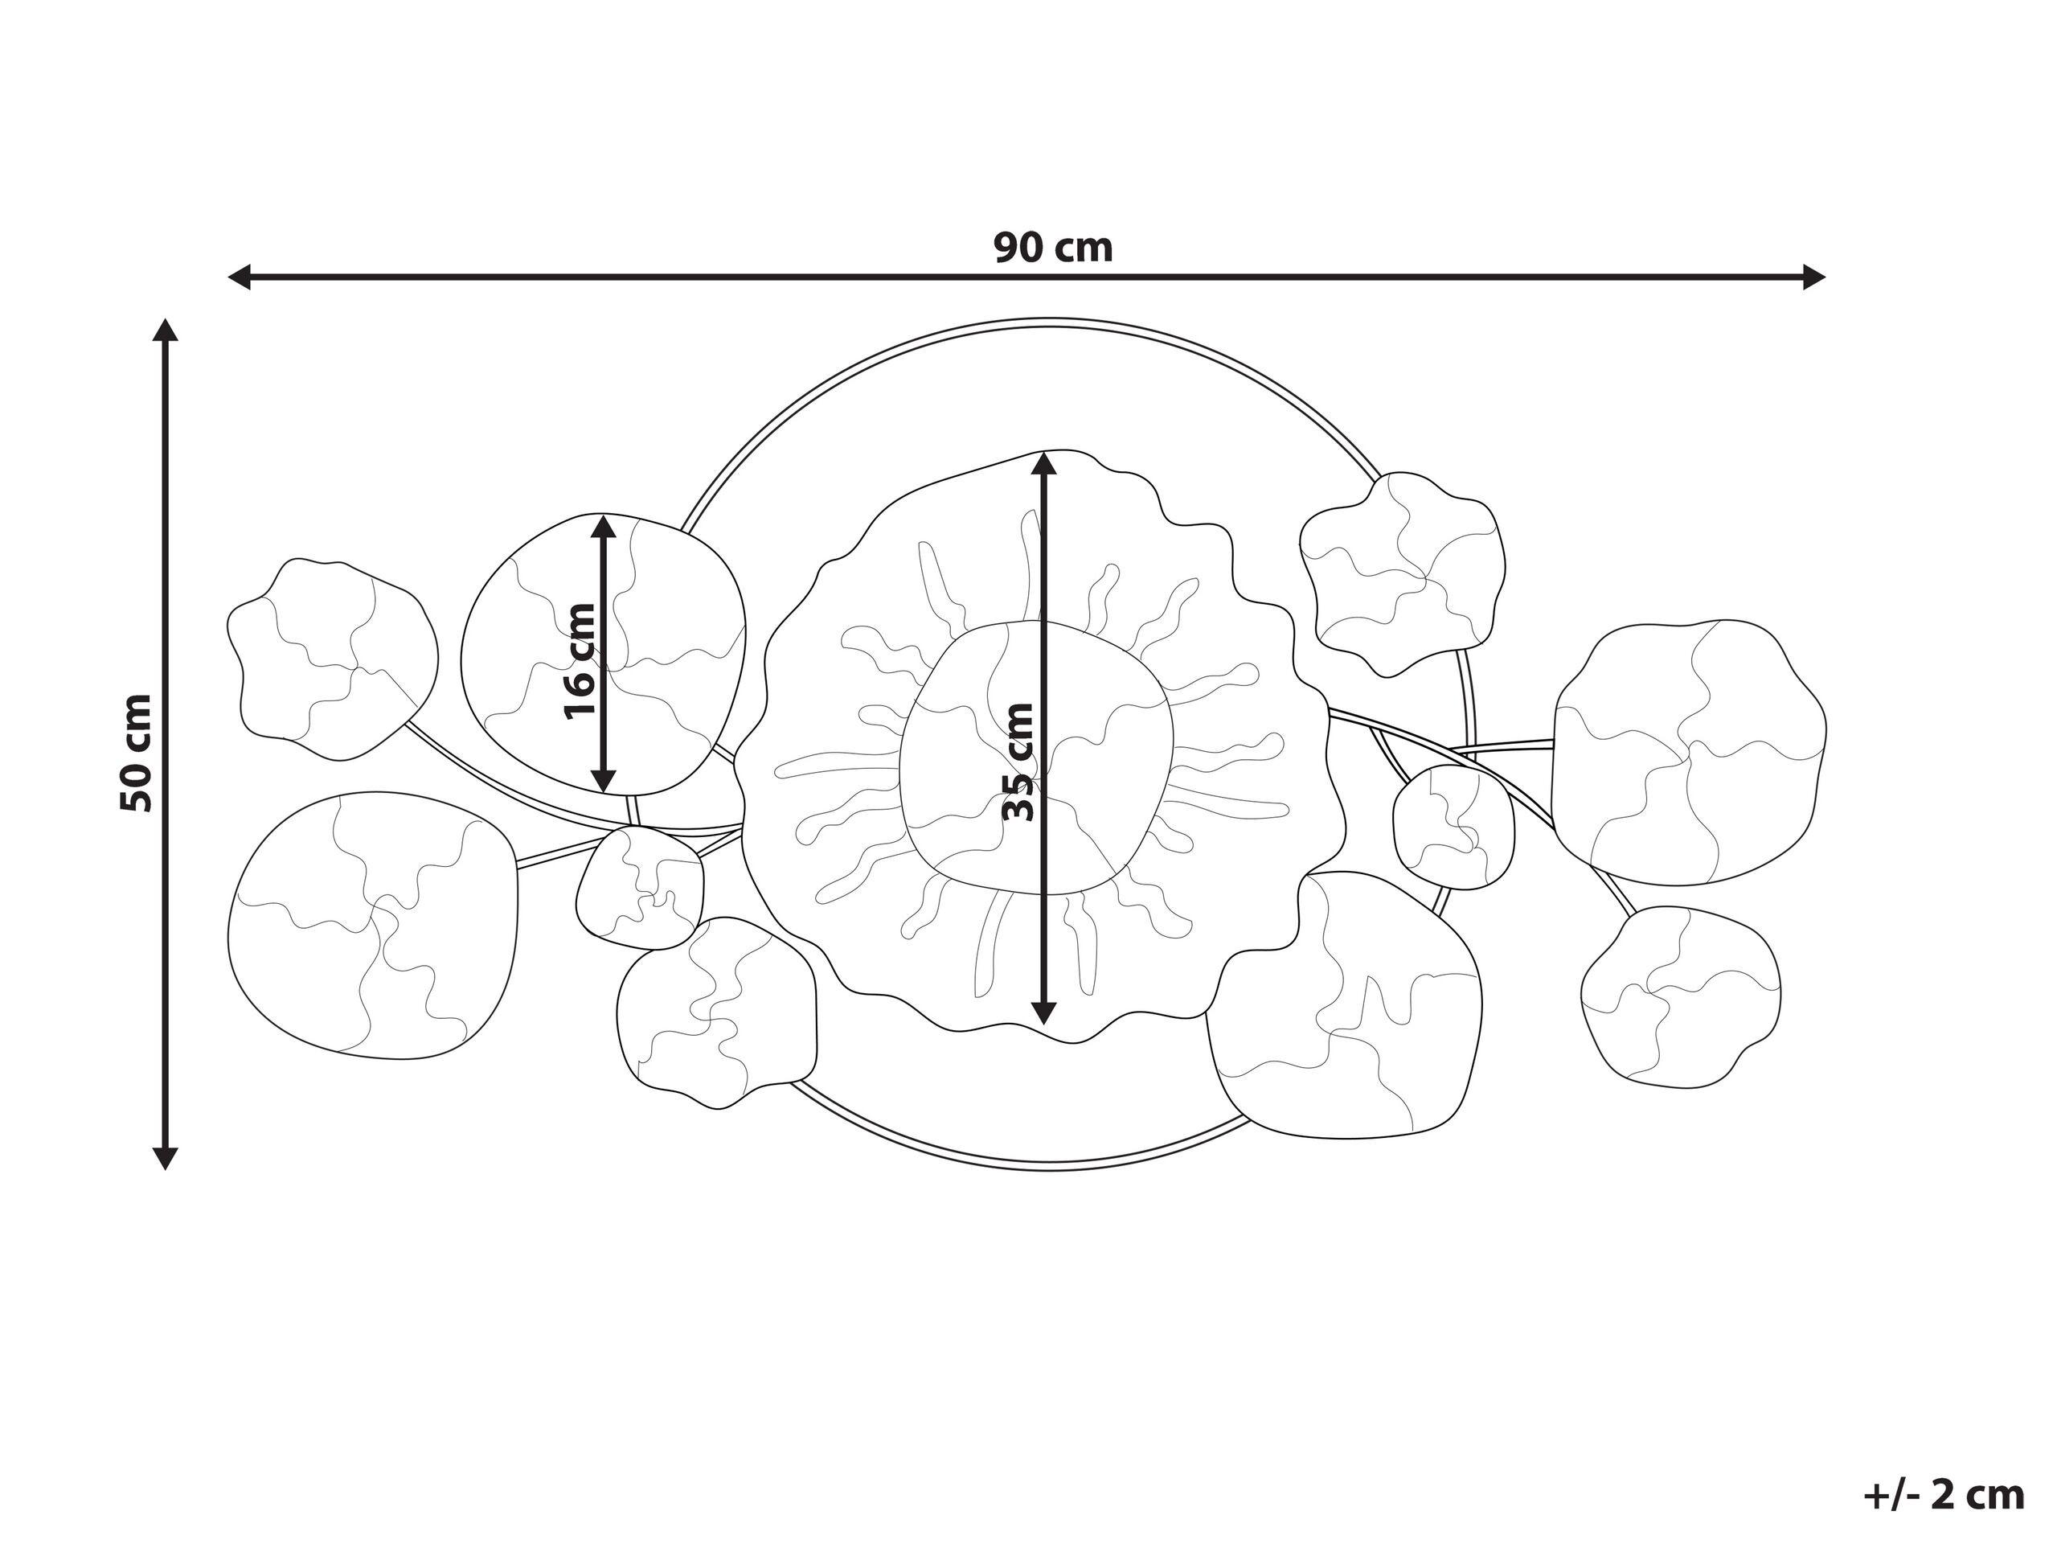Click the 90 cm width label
coord(1053,248)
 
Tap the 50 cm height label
coord(137,753)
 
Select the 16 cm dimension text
coord(580,661)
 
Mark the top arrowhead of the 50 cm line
coord(166,331)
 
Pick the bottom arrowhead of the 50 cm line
coord(166,1157)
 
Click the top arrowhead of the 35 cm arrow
coord(1044,463)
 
